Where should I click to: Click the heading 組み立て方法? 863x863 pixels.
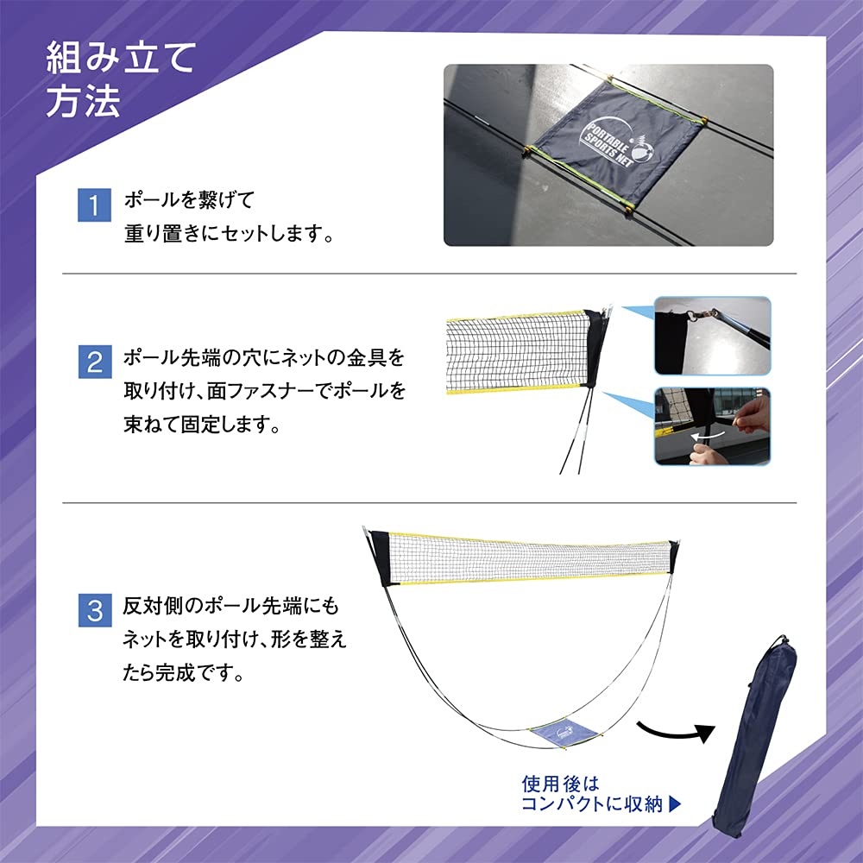coord(121,79)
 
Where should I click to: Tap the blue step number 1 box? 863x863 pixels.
coord(95,205)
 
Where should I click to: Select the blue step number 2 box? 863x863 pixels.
coord(95,361)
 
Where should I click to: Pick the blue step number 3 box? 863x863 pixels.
coord(95,611)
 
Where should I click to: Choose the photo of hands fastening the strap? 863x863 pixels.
coord(712,426)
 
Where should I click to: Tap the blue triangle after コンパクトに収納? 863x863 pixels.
coord(676,804)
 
